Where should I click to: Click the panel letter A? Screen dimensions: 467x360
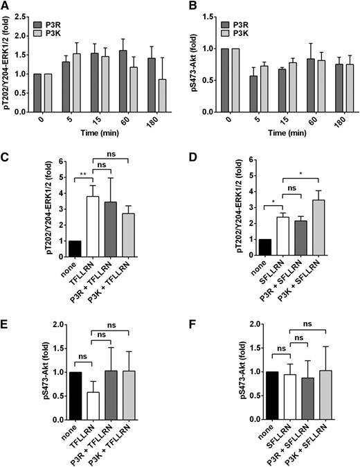coord(6,6)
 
